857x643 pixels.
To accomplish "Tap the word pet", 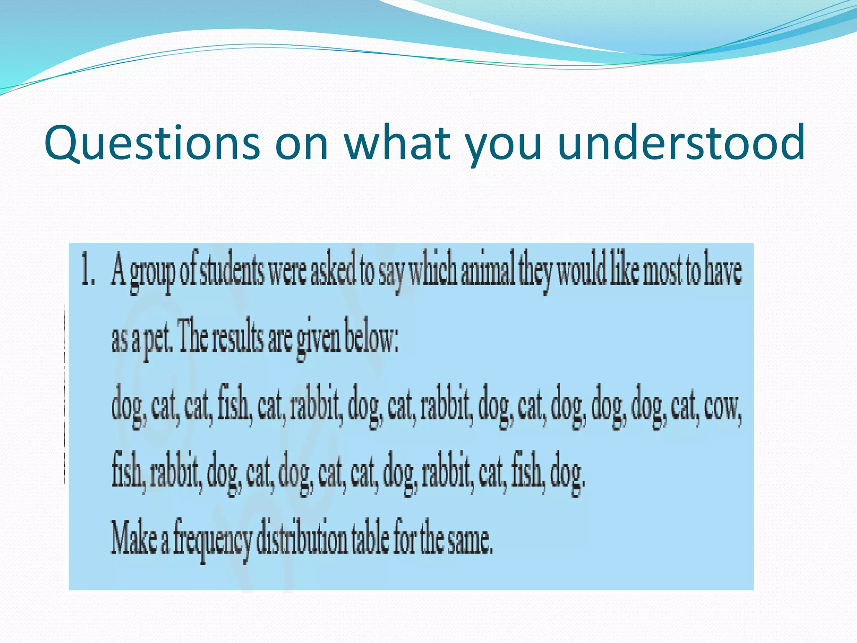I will coord(157,340).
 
